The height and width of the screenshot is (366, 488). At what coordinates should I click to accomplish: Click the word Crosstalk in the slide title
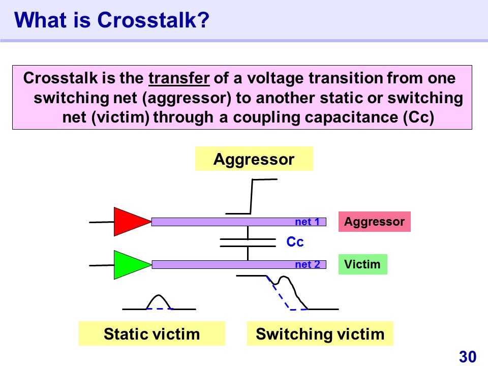(x=153, y=20)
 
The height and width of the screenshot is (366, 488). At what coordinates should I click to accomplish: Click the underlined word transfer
(x=179, y=78)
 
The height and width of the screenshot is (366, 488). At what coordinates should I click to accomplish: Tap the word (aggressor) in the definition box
(x=187, y=98)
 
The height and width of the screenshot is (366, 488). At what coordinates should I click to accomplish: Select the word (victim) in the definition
(x=120, y=117)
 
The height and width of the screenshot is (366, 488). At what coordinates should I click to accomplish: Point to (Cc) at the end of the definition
(x=418, y=117)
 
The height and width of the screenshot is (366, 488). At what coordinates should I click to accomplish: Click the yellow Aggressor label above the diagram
(x=254, y=159)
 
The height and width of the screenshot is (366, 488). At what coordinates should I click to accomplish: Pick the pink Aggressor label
(x=375, y=222)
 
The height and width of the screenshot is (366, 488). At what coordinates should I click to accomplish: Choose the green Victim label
(x=363, y=264)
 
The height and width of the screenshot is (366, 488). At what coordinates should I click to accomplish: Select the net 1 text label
(x=307, y=222)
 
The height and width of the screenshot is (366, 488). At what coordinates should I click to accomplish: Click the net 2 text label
(x=307, y=264)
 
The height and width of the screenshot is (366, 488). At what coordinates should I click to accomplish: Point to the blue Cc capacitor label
(x=295, y=242)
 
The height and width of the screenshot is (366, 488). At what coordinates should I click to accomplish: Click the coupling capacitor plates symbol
(x=248, y=243)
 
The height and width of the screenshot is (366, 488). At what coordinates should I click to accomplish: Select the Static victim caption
(x=152, y=333)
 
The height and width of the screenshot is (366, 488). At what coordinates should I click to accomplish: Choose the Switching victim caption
(x=320, y=333)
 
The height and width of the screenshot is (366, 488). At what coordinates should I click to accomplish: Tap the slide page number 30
(x=468, y=357)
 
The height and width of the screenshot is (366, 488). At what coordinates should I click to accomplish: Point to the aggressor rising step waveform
(x=251, y=197)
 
